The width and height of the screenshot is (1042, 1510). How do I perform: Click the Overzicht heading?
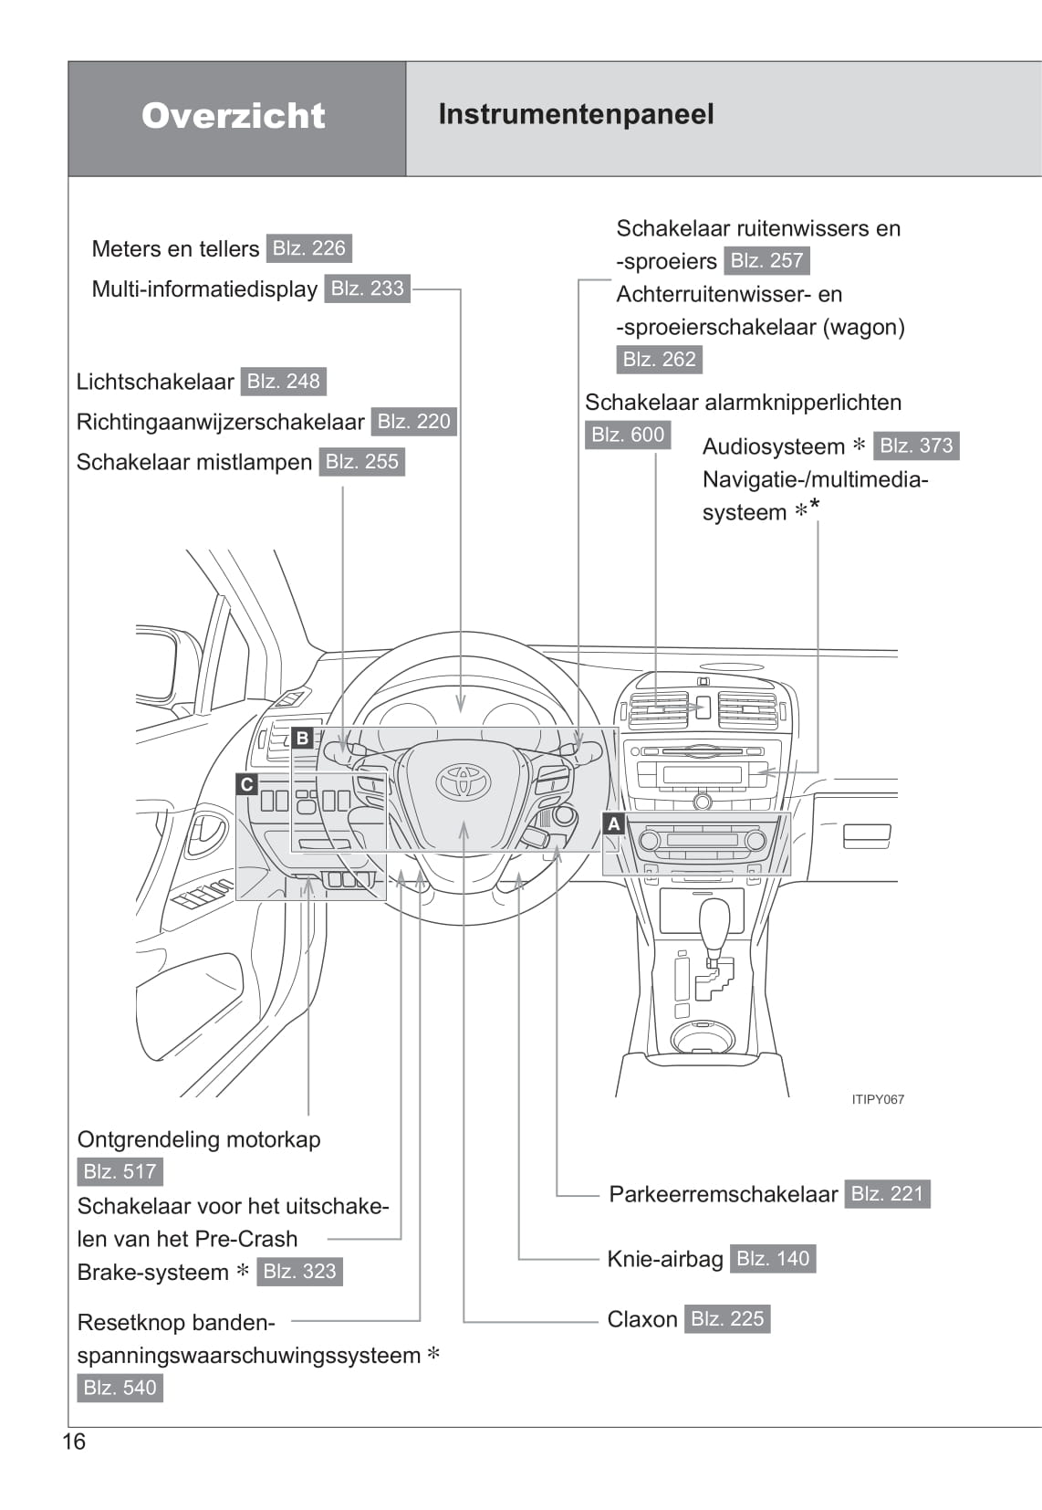point(234,116)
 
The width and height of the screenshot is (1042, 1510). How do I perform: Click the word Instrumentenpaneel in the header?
point(576,114)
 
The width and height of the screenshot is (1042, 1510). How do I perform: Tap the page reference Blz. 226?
point(309,248)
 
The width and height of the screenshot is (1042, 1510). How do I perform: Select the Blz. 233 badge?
point(367,288)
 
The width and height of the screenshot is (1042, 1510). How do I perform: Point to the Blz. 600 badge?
point(628,435)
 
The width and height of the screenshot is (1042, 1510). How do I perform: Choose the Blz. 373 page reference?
point(916,446)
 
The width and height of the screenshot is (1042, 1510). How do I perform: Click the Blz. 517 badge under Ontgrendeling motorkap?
point(120,1171)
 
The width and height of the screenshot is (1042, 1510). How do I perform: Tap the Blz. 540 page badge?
point(120,1388)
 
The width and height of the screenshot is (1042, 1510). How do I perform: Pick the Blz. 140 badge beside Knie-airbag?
point(773,1259)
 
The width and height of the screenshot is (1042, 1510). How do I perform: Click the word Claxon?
point(642,1319)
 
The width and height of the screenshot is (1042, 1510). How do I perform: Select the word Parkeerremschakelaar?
point(723,1194)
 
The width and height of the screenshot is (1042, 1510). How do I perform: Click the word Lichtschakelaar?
point(155,382)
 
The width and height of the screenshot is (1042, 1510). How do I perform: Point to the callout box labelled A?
point(614,823)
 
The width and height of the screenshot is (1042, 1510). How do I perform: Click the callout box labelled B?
point(303,738)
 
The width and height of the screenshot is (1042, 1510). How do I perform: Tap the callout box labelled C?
point(246,784)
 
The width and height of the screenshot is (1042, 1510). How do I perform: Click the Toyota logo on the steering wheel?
point(464,781)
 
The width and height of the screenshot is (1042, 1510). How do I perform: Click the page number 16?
point(74,1442)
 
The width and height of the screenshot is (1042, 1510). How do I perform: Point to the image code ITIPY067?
point(878,1099)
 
